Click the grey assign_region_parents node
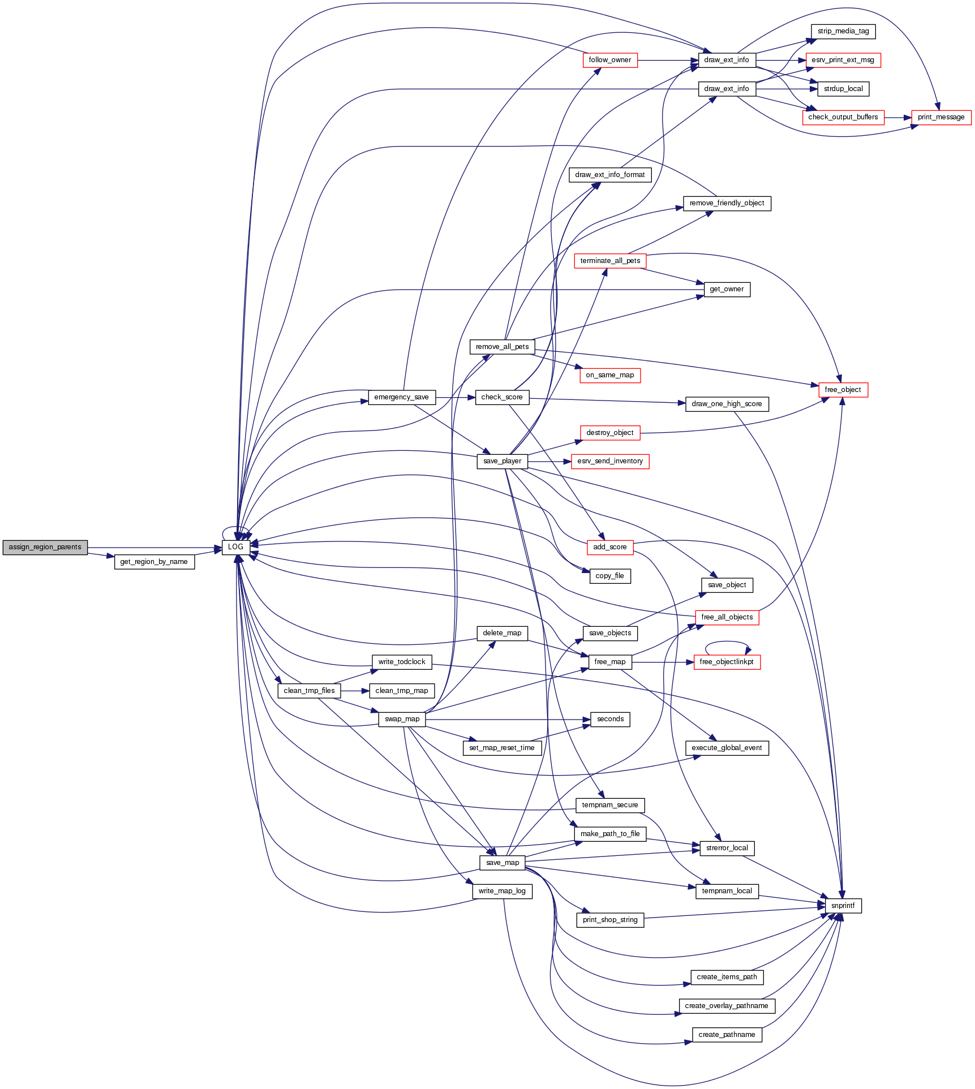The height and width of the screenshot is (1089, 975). tap(45, 547)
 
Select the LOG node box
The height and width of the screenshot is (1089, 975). tap(236, 547)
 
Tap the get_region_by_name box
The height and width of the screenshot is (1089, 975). tap(154, 562)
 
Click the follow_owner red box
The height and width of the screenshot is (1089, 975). tap(610, 60)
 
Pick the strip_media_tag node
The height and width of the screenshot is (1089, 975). tap(843, 31)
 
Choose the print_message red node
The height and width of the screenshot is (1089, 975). tap(941, 117)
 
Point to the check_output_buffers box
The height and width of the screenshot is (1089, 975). tap(843, 117)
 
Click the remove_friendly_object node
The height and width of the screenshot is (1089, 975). tap(727, 203)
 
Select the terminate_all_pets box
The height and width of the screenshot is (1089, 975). tap(610, 261)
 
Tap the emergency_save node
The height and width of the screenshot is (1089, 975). tap(402, 397)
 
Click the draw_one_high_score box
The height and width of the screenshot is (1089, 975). tap(727, 404)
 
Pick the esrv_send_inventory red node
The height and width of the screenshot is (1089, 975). tap(610, 461)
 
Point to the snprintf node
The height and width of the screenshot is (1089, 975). tap(843, 906)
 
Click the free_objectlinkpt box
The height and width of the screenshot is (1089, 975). tap(727, 662)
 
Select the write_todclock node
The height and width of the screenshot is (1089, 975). tap(402, 662)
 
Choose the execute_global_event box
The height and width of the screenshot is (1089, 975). tap(727, 748)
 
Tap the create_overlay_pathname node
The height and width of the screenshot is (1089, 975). tap(727, 1006)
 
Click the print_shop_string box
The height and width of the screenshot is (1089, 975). tap(610, 920)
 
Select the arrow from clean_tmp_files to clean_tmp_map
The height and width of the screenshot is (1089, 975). tap(355, 691)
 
